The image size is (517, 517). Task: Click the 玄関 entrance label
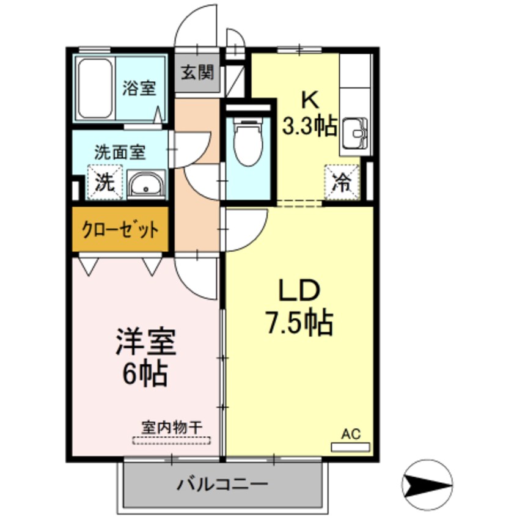tap(197, 73)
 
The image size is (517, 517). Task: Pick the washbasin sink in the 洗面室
tap(147, 184)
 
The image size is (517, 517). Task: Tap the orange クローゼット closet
tap(120, 230)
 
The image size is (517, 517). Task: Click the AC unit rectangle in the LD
tap(350, 447)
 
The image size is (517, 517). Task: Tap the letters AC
tap(351, 434)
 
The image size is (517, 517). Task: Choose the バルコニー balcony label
tap(223, 485)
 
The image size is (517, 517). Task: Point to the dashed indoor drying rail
tap(171, 439)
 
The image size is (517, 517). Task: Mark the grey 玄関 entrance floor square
tap(197, 74)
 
